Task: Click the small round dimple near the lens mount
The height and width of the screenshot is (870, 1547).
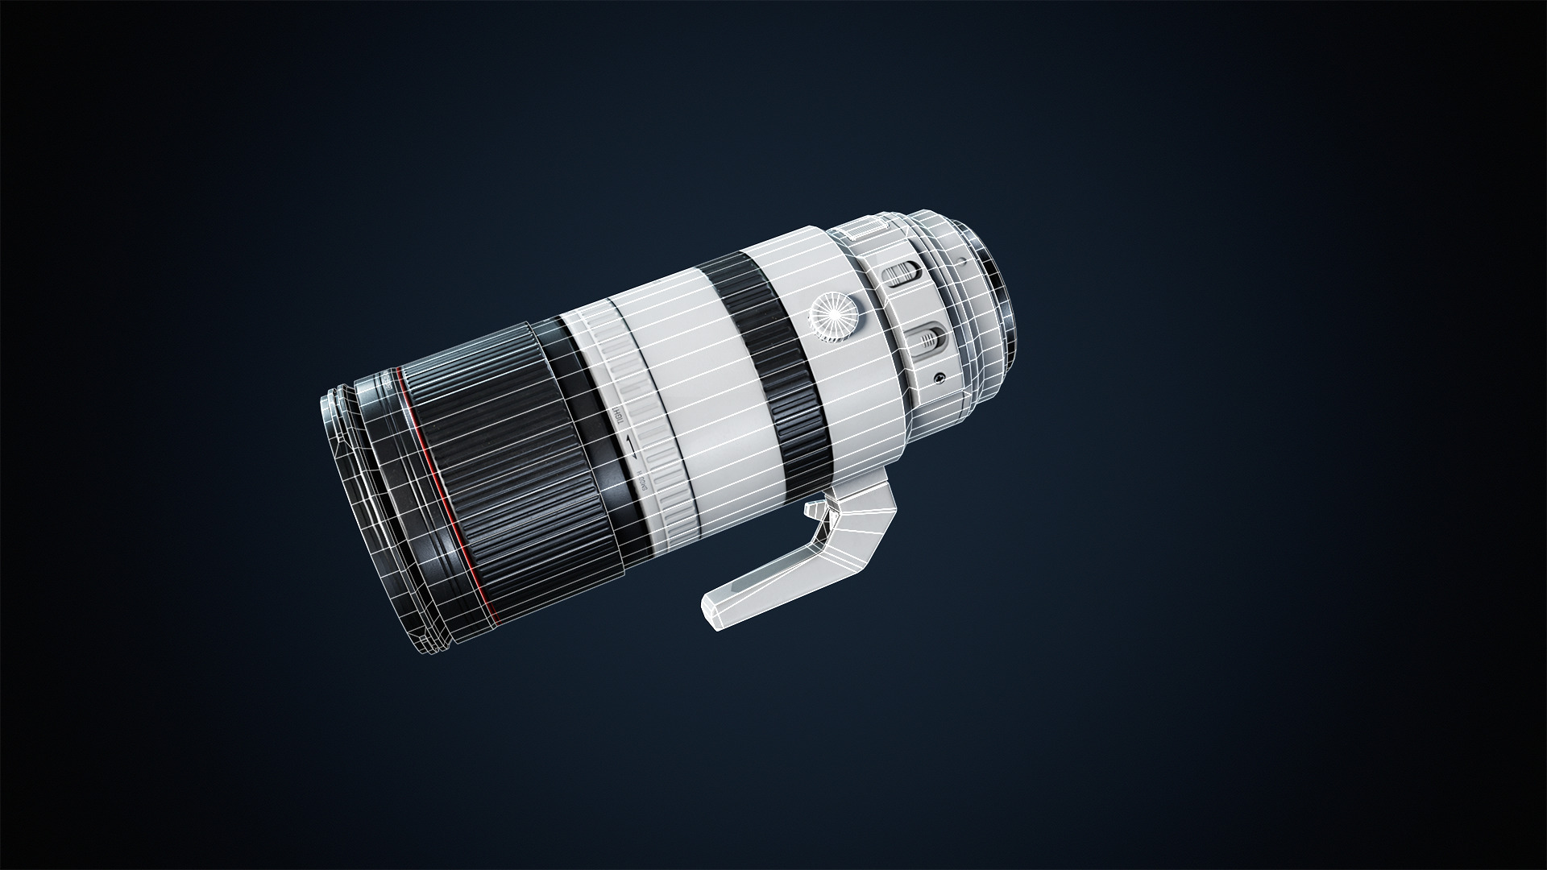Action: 963,263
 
